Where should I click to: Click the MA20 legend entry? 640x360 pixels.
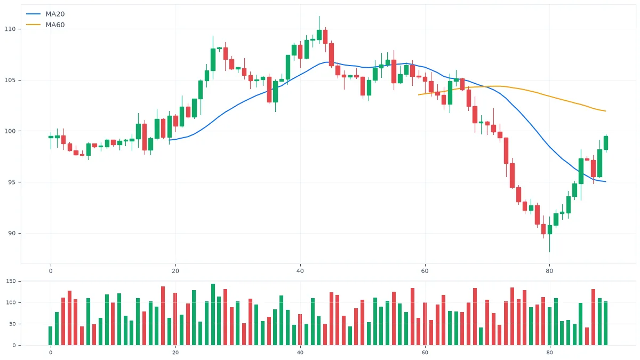click(x=45, y=14)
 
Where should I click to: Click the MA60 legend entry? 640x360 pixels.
click(x=45, y=25)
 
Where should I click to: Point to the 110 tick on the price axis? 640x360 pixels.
click(x=10, y=29)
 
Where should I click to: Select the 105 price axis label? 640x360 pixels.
click(x=10, y=81)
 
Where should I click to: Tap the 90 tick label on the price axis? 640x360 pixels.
click(x=12, y=234)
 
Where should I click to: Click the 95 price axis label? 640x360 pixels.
click(x=12, y=182)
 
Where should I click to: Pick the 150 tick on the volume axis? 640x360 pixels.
click(x=11, y=281)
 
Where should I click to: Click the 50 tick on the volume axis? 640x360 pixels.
click(x=13, y=324)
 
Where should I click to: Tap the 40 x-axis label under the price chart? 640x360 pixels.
click(x=300, y=271)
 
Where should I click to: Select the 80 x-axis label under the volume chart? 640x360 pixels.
click(x=550, y=353)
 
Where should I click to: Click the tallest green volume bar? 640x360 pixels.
click(x=213, y=314)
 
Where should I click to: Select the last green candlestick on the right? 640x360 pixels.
click(x=606, y=142)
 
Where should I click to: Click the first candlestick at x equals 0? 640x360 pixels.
click(x=51, y=137)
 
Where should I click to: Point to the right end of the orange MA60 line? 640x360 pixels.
click(x=606, y=111)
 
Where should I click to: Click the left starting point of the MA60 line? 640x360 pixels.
click(x=419, y=94)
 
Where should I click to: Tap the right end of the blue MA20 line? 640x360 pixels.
click(x=606, y=181)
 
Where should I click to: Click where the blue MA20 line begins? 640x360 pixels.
click(x=170, y=140)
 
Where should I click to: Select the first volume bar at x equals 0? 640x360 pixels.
click(x=51, y=335)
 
